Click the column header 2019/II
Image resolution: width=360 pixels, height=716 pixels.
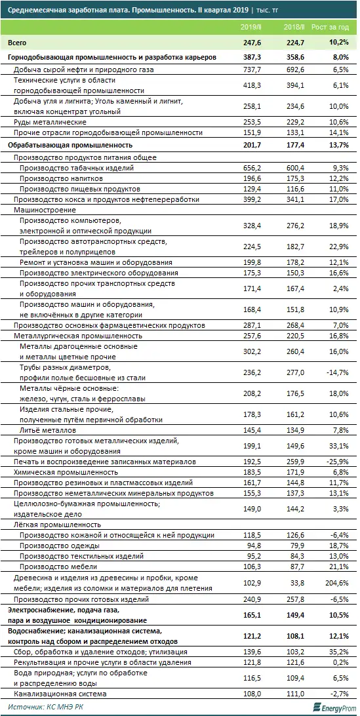coord(252,27)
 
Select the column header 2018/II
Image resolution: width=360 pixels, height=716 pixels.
coord(294,27)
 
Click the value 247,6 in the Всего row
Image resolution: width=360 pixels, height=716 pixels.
coord(251,42)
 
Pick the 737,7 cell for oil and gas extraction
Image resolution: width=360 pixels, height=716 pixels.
coord(252,69)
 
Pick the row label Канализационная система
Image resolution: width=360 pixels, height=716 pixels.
coord(62,693)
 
